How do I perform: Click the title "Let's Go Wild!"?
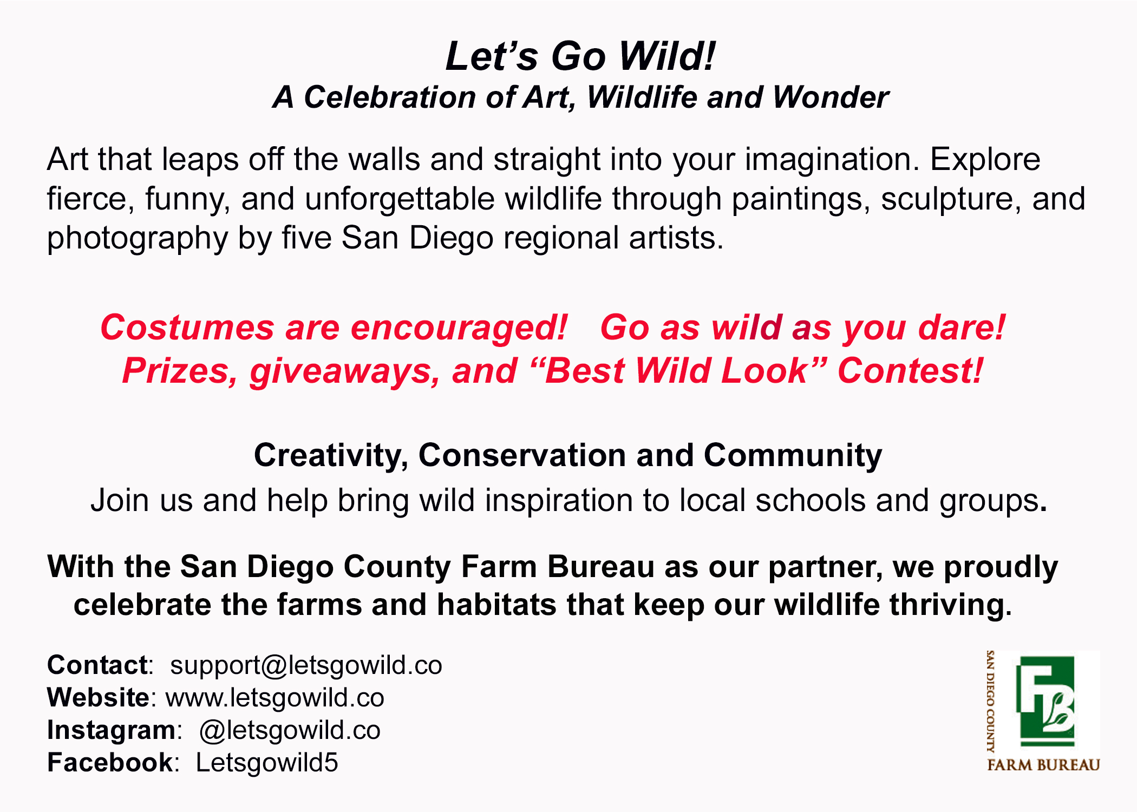(580, 56)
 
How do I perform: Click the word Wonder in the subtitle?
(830, 97)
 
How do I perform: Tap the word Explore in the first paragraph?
(985, 160)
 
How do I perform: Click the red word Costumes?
(187, 328)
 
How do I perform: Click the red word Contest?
(910, 371)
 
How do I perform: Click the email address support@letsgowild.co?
(306, 665)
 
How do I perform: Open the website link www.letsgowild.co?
(275, 698)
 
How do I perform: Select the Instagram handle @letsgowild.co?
(290, 730)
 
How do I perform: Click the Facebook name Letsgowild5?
(267, 763)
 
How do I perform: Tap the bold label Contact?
(97, 665)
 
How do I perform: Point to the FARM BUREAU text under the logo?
(1043, 765)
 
